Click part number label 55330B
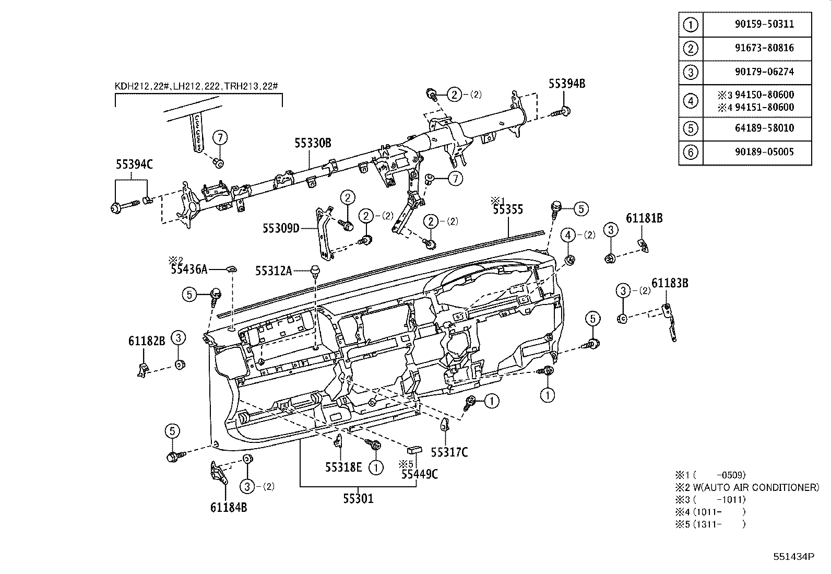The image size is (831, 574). (x=313, y=143)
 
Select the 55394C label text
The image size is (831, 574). (x=134, y=165)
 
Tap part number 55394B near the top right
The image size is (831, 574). (x=566, y=84)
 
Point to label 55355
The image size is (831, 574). (x=508, y=210)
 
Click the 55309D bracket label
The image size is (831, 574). (x=281, y=228)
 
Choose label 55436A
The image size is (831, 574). (x=189, y=270)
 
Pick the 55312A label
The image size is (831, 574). (x=273, y=271)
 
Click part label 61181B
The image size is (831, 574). (x=644, y=218)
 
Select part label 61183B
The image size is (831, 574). (x=670, y=283)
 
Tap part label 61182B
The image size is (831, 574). (x=147, y=341)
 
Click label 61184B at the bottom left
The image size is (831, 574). (x=229, y=507)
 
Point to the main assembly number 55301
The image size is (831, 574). (x=358, y=499)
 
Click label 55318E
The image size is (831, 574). (x=343, y=467)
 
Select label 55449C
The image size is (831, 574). (x=420, y=474)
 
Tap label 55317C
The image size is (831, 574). (x=449, y=452)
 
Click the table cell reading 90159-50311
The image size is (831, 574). (x=757, y=24)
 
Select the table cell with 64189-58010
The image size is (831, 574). (x=757, y=128)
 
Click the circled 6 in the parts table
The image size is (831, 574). (x=690, y=152)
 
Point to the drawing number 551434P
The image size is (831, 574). (x=793, y=556)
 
